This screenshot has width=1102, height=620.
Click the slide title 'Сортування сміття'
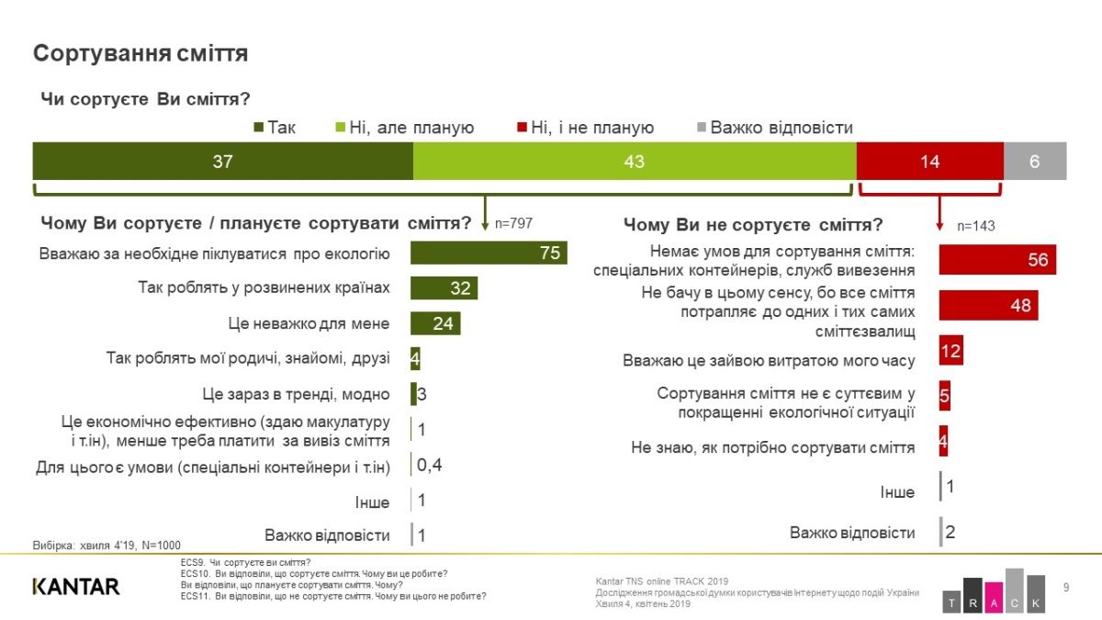(x=141, y=53)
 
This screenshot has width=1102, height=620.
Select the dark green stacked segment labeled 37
(x=222, y=161)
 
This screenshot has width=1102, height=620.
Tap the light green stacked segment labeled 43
(x=634, y=161)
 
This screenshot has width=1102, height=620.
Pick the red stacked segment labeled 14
(x=929, y=161)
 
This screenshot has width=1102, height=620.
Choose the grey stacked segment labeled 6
(x=1034, y=161)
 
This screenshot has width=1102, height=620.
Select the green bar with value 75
(x=489, y=254)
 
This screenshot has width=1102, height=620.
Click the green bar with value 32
(x=444, y=288)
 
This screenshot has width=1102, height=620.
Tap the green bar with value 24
(x=435, y=323)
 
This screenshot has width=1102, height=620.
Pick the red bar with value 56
(x=997, y=260)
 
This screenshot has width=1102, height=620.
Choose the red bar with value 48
(x=988, y=305)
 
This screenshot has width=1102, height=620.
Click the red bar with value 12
(x=950, y=351)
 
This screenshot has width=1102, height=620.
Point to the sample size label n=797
(x=513, y=223)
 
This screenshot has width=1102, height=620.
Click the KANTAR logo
(x=76, y=586)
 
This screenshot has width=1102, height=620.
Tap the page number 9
(x=1065, y=587)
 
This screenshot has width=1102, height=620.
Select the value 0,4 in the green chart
(x=429, y=466)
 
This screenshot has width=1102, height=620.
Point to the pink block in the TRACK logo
(x=995, y=594)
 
